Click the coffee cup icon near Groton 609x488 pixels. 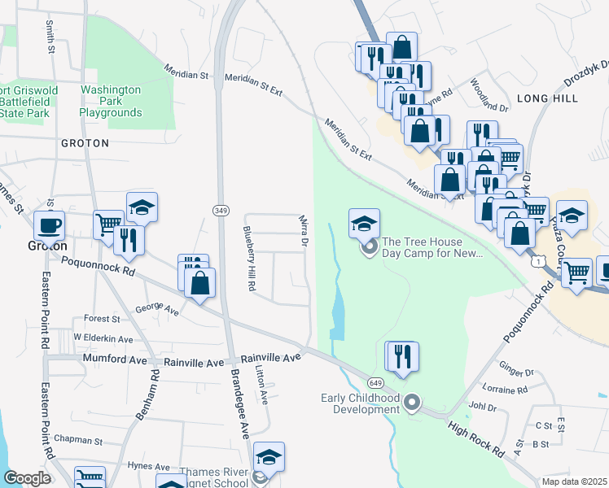pyautogui.click(x=49, y=224)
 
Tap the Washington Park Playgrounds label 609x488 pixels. pyautogui.click(x=111, y=102)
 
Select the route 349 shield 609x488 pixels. pyautogui.click(x=221, y=211)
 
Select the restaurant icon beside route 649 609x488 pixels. pyautogui.click(x=401, y=355)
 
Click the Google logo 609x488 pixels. pyautogui.click(x=27, y=478)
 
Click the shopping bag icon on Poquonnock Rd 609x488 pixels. pyautogui.click(x=199, y=283)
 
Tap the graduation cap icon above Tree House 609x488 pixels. pyautogui.click(x=364, y=222)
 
